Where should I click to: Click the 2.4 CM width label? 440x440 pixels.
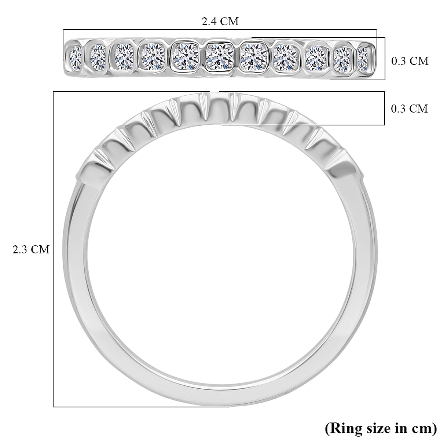coord(220,22)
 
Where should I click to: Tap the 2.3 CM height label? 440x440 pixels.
coord(31,249)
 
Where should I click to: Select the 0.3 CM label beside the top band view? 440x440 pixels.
coord(410,61)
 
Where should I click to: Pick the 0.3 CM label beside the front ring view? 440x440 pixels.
coord(409,109)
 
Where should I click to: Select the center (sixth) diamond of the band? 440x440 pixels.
coord(220,57)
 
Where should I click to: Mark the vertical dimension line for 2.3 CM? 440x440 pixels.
coord(54,249)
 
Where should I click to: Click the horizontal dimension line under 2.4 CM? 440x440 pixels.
coord(220,30)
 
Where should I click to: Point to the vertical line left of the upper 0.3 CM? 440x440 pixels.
coord(385,59)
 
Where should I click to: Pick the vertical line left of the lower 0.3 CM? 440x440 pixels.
coord(384,109)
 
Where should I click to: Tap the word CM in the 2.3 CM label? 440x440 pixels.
coord(40,249)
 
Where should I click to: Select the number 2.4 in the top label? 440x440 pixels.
coord(209,22)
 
